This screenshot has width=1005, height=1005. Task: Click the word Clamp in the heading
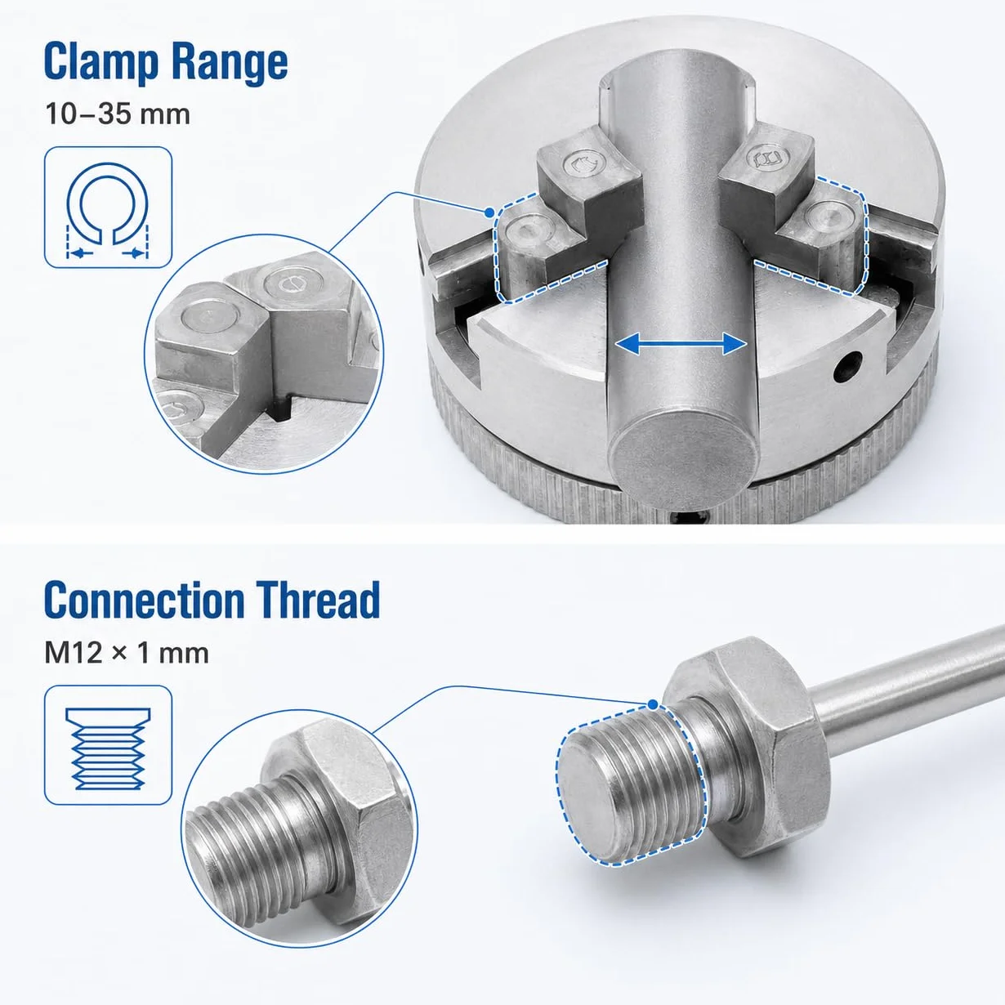(100, 62)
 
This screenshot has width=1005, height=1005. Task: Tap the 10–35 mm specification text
(118, 114)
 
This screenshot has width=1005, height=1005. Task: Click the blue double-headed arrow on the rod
(681, 344)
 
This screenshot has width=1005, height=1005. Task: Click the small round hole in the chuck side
(847, 366)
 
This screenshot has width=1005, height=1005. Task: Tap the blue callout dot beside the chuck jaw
(489, 212)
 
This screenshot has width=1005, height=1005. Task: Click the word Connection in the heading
(145, 600)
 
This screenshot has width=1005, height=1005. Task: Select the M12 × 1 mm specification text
(127, 653)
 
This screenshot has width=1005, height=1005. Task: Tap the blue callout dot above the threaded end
(653, 704)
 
